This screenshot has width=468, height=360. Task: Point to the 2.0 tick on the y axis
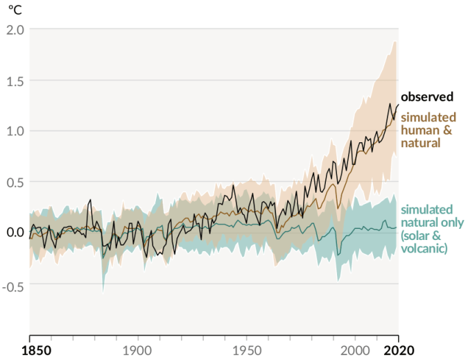pos(15,30)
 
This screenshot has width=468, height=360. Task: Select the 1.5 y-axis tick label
pos(15,80)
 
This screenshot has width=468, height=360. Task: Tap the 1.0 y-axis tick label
pos(15,131)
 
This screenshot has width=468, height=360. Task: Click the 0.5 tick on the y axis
pos(15,182)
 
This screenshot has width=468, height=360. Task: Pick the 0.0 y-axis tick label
pos(15,232)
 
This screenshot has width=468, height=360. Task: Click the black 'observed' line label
pos(427,97)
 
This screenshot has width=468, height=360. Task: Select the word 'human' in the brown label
pos(418,130)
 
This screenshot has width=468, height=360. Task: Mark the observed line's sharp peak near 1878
pos(90,200)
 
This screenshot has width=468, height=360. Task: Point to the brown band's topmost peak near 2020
pos(395,41)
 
